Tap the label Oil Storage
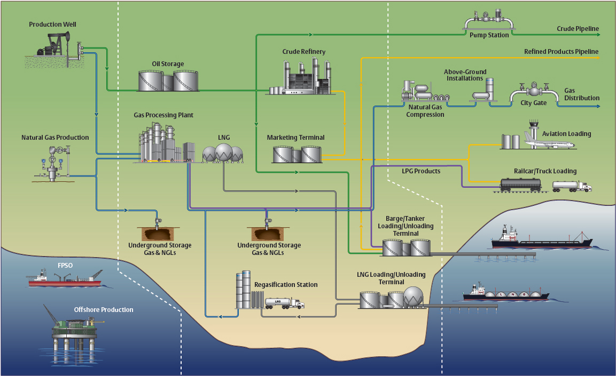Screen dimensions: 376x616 (168, 64)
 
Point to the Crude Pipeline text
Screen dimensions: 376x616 (578, 29)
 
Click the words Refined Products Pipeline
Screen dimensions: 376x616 (561, 52)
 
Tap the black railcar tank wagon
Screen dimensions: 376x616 (520, 184)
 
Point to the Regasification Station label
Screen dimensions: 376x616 (286, 285)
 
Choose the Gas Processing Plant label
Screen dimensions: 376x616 (163, 115)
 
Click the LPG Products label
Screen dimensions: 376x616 (421, 171)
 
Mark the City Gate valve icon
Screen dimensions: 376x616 (533, 90)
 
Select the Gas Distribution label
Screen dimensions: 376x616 (581, 94)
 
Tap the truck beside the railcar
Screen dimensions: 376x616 (572, 186)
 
